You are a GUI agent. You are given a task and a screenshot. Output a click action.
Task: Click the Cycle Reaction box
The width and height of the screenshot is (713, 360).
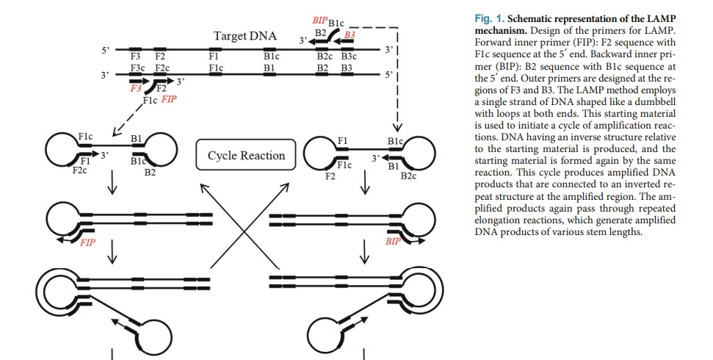point(246,155)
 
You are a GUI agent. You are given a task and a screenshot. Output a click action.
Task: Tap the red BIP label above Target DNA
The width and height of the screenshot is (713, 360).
point(320,18)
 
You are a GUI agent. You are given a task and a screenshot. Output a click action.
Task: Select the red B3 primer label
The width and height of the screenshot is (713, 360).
point(350,35)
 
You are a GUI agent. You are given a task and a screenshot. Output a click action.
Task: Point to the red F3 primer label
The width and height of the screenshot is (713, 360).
point(135,87)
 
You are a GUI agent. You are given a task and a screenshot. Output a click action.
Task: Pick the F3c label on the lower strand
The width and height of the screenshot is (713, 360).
point(137,68)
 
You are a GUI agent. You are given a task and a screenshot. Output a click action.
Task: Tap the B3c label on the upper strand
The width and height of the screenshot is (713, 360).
point(348,56)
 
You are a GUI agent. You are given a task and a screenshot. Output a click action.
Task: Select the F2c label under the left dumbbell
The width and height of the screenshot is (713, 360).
point(80,170)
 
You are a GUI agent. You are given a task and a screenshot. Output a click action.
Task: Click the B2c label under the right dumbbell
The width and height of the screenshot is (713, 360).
point(409,176)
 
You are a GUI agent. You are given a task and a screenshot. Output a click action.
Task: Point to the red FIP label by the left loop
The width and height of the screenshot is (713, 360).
point(87,242)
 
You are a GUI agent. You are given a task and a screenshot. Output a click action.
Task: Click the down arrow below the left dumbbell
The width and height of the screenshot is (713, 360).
point(112,186)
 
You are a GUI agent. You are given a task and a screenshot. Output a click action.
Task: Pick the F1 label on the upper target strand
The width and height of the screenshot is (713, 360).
point(213,56)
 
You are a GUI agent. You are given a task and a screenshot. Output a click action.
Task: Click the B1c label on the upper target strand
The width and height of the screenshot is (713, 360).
point(271,56)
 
